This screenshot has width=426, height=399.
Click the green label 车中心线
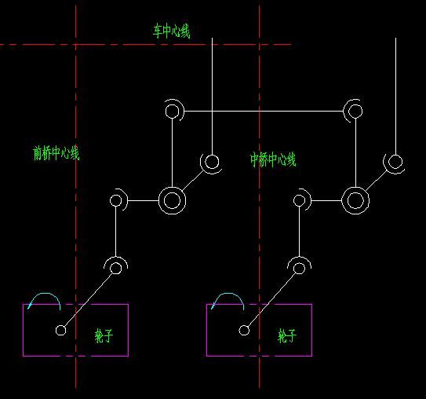[x=172, y=31]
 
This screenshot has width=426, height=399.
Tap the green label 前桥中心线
[x=56, y=153]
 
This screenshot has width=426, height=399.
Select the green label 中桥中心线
[x=273, y=159]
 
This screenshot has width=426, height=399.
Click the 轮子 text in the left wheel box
[x=104, y=336]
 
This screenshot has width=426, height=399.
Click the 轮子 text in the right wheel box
[x=287, y=336]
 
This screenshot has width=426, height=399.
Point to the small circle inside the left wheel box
[x=61, y=331]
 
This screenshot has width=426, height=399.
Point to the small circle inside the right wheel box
[x=244, y=331]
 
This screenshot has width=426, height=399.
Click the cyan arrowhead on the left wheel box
[x=30, y=306]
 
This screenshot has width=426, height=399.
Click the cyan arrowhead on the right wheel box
[x=213, y=306]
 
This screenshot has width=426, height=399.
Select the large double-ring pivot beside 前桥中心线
[x=173, y=201]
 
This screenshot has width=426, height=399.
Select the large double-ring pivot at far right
[x=355, y=201]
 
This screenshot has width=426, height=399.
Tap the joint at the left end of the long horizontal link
[x=173, y=112]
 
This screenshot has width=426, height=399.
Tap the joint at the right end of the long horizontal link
[x=355, y=112]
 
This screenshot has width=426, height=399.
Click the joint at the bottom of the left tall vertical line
[x=212, y=162]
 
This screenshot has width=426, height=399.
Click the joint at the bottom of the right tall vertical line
[x=395, y=162]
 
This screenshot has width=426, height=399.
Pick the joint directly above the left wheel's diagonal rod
[x=116, y=268]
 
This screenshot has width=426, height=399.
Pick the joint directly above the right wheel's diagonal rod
[x=300, y=268]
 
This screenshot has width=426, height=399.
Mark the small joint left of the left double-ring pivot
[x=116, y=200]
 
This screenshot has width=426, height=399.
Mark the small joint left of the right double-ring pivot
[x=300, y=200]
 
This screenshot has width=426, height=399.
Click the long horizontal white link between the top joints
[x=264, y=111]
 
